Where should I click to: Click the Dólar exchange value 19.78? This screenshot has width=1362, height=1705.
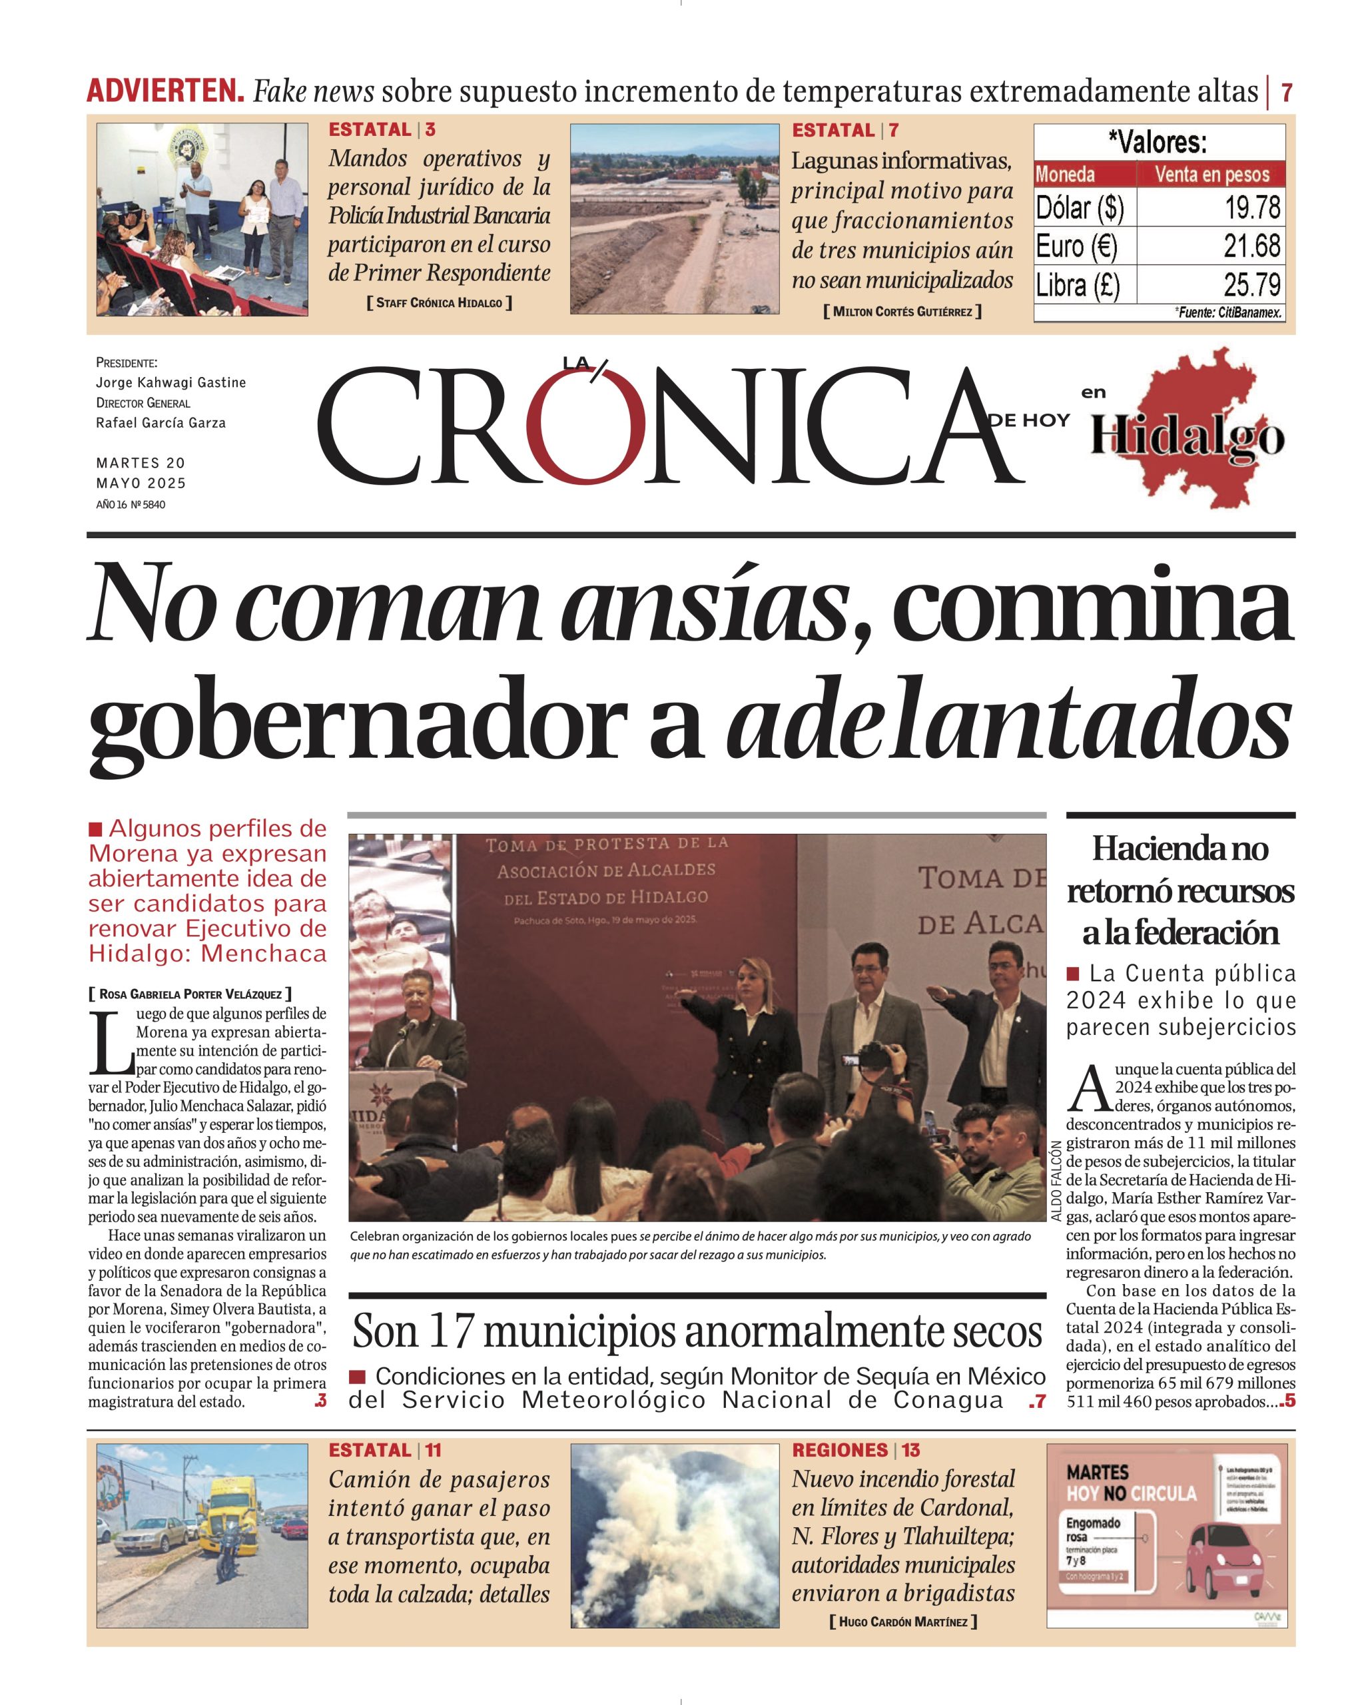tap(1251, 208)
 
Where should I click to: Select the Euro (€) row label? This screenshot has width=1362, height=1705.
tap(1076, 246)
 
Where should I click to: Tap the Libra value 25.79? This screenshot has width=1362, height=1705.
tap(1251, 284)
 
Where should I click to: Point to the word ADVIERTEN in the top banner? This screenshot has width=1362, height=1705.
tap(165, 92)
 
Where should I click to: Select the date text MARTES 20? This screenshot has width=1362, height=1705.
tap(141, 463)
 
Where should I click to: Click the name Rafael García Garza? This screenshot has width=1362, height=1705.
tap(161, 423)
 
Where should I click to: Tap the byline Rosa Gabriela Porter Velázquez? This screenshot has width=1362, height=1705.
tap(190, 994)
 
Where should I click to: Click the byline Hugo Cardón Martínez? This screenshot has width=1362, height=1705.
tap(902, 1622)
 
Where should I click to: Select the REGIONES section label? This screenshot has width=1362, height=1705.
tap(840, 1451)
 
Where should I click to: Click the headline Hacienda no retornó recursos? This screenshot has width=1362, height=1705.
tap(1180, 890)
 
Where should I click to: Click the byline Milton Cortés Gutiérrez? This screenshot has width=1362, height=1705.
tap(902, 312)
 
